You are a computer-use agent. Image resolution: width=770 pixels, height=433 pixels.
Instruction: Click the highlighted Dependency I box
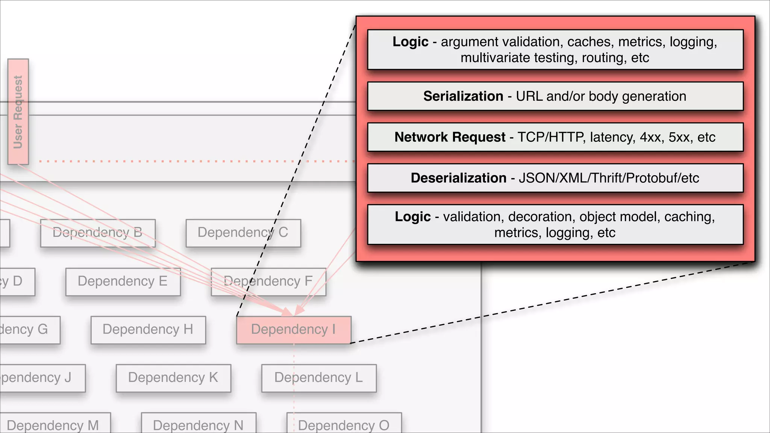(294, 330)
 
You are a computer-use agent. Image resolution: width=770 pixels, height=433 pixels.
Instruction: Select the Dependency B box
(98, 233)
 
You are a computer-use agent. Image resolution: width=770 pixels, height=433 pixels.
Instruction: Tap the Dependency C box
(243, 233)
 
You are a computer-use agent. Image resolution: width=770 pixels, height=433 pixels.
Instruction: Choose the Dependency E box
(123, 282)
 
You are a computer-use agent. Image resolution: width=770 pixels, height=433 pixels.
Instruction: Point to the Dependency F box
(268, 282)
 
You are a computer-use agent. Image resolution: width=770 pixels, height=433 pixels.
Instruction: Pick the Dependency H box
(148, 330)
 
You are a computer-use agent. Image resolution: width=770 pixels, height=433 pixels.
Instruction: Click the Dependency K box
(173, 378)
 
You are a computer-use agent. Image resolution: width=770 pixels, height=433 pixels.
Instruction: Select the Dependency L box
(319, 378)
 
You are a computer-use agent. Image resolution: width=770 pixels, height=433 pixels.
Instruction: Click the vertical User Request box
(18, 112)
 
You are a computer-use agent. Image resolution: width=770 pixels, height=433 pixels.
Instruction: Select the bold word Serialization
(463, 96)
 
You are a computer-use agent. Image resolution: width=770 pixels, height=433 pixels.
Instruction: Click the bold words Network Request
(450, 137)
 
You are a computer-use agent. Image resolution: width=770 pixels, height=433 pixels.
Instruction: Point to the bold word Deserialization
(458, 178)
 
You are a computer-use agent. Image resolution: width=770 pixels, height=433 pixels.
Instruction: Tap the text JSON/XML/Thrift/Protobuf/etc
(609, 178)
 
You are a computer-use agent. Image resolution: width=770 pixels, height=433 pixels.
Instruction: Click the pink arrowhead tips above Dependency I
(293, 312)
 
